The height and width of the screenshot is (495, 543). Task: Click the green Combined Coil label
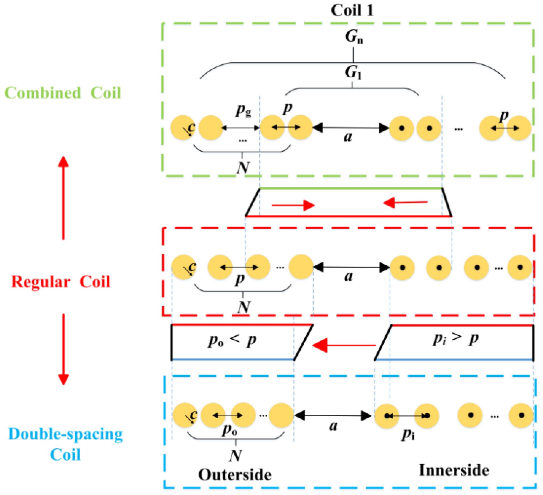tap(63, 93)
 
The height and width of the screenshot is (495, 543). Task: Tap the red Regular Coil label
tap(61, 282)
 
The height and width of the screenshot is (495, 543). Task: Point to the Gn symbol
tap(354, 36)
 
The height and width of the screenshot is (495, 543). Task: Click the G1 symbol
tap(353, 72)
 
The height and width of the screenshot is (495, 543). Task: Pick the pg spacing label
tap(244, 110)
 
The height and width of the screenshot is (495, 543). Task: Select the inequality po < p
tap(232, 340)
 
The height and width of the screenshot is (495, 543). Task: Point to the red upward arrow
tap(63, 198)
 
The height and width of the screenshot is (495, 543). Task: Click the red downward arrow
tap(64, 349)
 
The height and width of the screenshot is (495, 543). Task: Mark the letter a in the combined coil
tap(348, 137)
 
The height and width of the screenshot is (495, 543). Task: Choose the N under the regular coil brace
tap(244, 307)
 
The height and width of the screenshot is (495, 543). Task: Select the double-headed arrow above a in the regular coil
tap(351, 267)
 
